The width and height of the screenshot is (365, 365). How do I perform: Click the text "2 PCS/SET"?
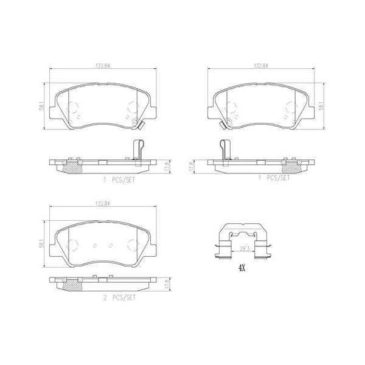119,298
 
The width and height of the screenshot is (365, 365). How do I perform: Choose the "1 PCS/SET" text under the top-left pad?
119,179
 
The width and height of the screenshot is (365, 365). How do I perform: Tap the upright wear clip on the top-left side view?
137,150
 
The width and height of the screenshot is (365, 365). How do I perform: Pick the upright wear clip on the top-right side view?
223,150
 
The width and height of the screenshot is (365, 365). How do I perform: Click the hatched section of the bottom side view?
72,285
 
